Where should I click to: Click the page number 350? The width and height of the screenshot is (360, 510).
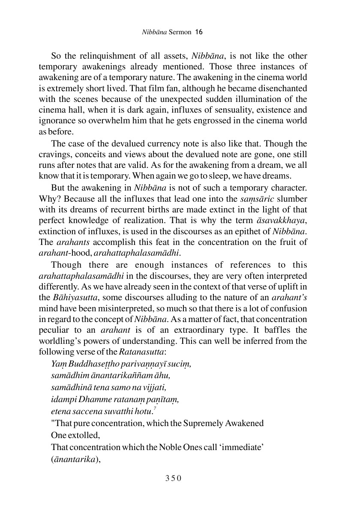coord(174,478)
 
